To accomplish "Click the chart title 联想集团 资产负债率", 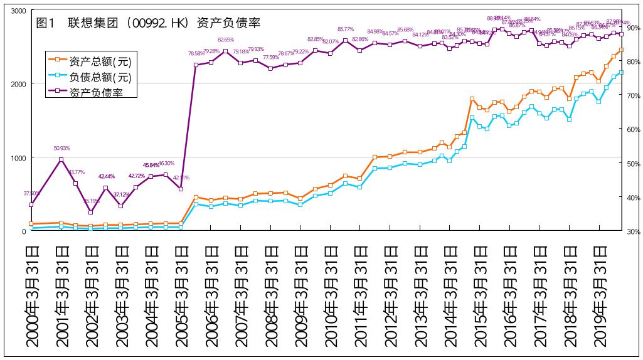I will (148, 23).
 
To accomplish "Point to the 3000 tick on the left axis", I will (18, 11).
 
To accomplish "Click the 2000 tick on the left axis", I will (18, 84).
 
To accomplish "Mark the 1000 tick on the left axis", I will (18, 157).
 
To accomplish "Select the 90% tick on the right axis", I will (632, 28).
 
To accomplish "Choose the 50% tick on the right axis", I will (632, 164).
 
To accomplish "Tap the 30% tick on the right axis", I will (632, 231).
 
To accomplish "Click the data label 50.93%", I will (61, 149).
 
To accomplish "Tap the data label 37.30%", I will (31, 193).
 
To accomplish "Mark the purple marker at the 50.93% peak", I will (61, 160).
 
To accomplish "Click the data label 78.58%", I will (196, 54).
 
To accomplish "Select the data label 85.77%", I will (346, 29).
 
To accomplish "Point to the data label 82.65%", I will (226, 40).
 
